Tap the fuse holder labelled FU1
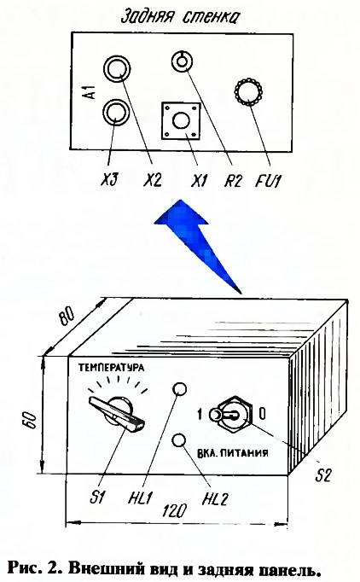pos(248,91)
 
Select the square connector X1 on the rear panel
pos(181,121)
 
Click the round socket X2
pos(117,68)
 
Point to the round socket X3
pos(116,112)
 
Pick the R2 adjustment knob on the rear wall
pos(182,61)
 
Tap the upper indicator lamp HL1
pos(180,389)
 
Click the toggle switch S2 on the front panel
pos(232,414)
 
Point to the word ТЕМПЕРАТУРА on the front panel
pos(111,368)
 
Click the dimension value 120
pos(174,511)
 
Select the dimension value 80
pos(67,317)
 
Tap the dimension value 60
pos(32,420)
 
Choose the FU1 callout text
pos(269,181)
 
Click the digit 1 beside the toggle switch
pos(200,414)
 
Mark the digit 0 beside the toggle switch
pos(263,413)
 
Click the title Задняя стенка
pos(181,17)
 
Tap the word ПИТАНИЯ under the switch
pos(247,453)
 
